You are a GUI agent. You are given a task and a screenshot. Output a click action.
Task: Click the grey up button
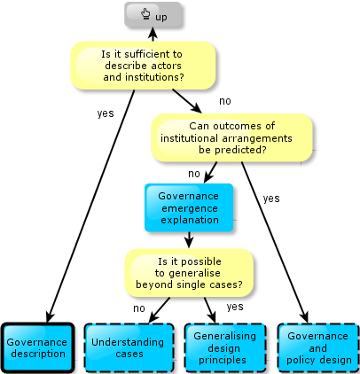[x=153, y=15]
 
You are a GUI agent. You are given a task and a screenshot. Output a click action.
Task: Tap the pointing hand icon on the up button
[x=145, y=14]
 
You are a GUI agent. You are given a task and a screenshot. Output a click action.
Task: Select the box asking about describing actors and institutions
[x=143, y=66]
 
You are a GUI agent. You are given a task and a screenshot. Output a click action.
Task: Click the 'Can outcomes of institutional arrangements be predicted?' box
[x=231, y=138]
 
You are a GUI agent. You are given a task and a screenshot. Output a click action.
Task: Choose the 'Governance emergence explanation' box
[x=189, y=208]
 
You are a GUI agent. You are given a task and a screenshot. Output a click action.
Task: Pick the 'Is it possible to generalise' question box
[x=189, y=273]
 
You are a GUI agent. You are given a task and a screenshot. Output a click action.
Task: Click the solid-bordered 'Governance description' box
[x=38, y=347]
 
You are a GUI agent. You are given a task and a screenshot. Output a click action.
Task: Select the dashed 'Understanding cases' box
[x=129, y=347]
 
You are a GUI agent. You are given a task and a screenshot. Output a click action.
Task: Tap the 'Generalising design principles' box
[x=225, y=347]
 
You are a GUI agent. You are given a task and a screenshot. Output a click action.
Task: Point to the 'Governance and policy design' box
[x=318, y=347]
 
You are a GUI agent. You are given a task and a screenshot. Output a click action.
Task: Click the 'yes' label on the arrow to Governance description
[x=106, y=113]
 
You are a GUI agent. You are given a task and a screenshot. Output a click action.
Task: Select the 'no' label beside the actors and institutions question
[x=225, y=101]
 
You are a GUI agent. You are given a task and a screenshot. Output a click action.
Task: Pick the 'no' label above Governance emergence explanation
[x=194, y=174]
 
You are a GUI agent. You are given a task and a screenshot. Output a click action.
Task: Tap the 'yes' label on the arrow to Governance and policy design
[x=271, y=199]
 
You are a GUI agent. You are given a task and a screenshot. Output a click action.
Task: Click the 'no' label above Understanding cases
[x=139, y=308]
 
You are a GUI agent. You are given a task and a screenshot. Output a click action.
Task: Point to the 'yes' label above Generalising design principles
[x=235, y=307]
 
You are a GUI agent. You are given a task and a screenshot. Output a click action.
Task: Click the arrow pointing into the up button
[x=153, y=35]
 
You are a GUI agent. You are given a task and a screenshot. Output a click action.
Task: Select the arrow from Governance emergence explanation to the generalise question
[x=189, y=240]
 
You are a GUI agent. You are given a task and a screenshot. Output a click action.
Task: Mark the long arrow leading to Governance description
[x=91, y=206]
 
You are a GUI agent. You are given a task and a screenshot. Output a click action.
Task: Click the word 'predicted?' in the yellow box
[x=232, y=150]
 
